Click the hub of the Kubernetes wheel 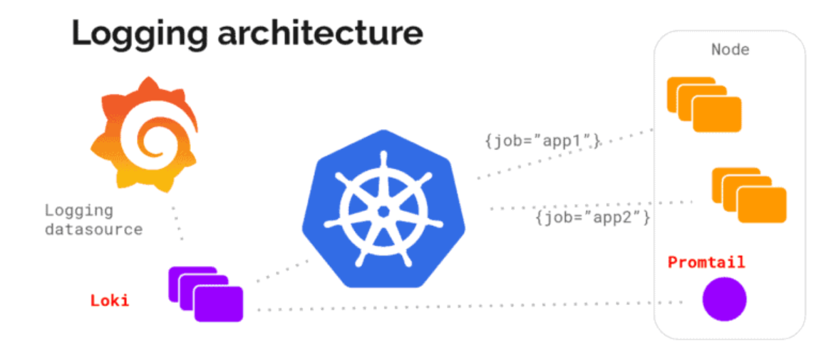[383, 211]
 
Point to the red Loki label [110, 300]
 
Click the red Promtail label [706, 262]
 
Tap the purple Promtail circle [724, 299]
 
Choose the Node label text [730, 50]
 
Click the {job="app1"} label [542, 141]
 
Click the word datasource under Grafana [93, 230]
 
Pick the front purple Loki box [219, 304]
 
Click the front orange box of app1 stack [717, 115]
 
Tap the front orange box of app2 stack [762, 205]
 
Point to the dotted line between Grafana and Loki [177, 222]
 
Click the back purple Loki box [182, 274]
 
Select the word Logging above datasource [78, 210]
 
